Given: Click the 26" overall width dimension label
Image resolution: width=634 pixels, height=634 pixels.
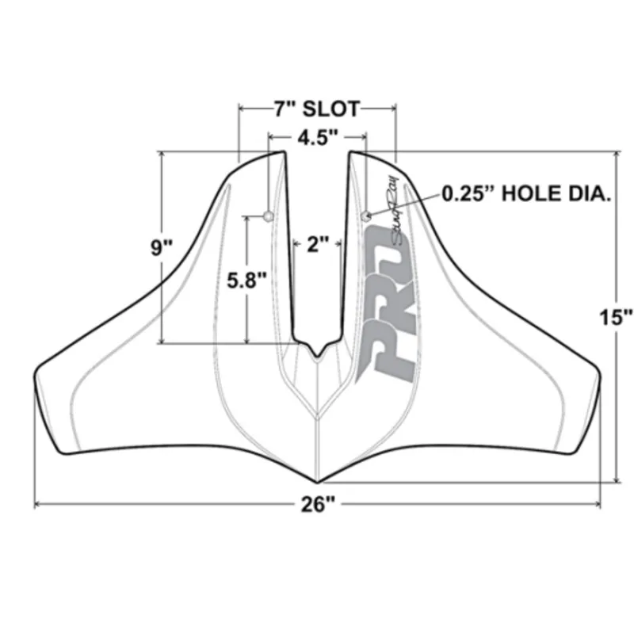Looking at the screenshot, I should coord(317,505).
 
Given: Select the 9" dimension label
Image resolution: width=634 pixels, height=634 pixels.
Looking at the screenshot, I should coord(162,247).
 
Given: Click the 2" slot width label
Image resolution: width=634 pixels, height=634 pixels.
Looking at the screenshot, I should coord(317,244).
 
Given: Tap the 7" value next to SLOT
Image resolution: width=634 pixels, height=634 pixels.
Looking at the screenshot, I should coord(285,108).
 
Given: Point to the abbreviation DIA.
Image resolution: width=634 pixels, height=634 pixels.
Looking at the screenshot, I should coord(594,193).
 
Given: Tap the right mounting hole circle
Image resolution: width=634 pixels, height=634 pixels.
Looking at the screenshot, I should coord(365,216).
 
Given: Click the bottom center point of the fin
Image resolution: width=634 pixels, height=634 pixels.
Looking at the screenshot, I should coord(317,481).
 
